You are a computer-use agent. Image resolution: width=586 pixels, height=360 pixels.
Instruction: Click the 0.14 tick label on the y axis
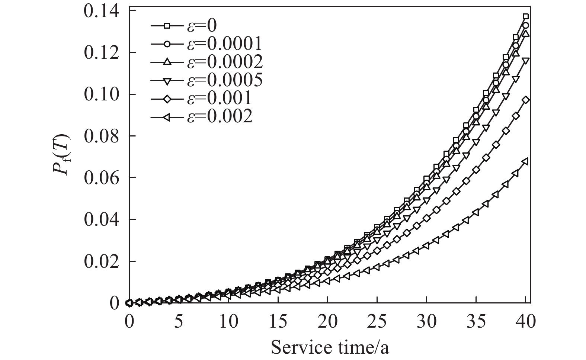coord(101,11)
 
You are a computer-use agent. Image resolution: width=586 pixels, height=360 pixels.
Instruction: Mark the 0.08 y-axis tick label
coord(101,136)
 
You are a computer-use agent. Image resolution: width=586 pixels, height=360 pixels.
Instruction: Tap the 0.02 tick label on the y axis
coord(101,261)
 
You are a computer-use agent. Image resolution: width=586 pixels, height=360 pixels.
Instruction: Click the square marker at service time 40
coord(525,16)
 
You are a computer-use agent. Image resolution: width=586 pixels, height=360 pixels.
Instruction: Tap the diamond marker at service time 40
coord(525,100)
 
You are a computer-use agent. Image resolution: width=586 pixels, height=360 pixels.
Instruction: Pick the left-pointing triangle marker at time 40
coord(525,161)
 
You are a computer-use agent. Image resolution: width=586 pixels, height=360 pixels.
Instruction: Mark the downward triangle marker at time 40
coord(525,60)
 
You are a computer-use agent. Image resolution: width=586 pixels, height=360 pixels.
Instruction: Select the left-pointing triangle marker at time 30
coord(426,246)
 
